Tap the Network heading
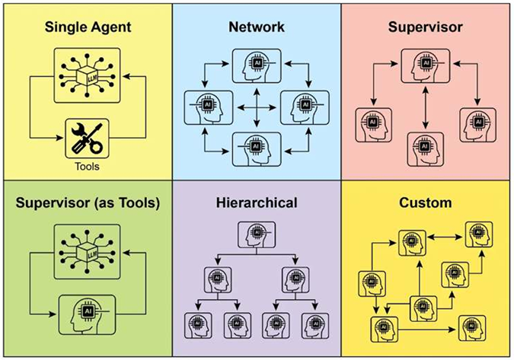257,27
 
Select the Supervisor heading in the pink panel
426,27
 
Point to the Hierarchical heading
257,204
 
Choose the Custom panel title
426,204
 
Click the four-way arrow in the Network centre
257,105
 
